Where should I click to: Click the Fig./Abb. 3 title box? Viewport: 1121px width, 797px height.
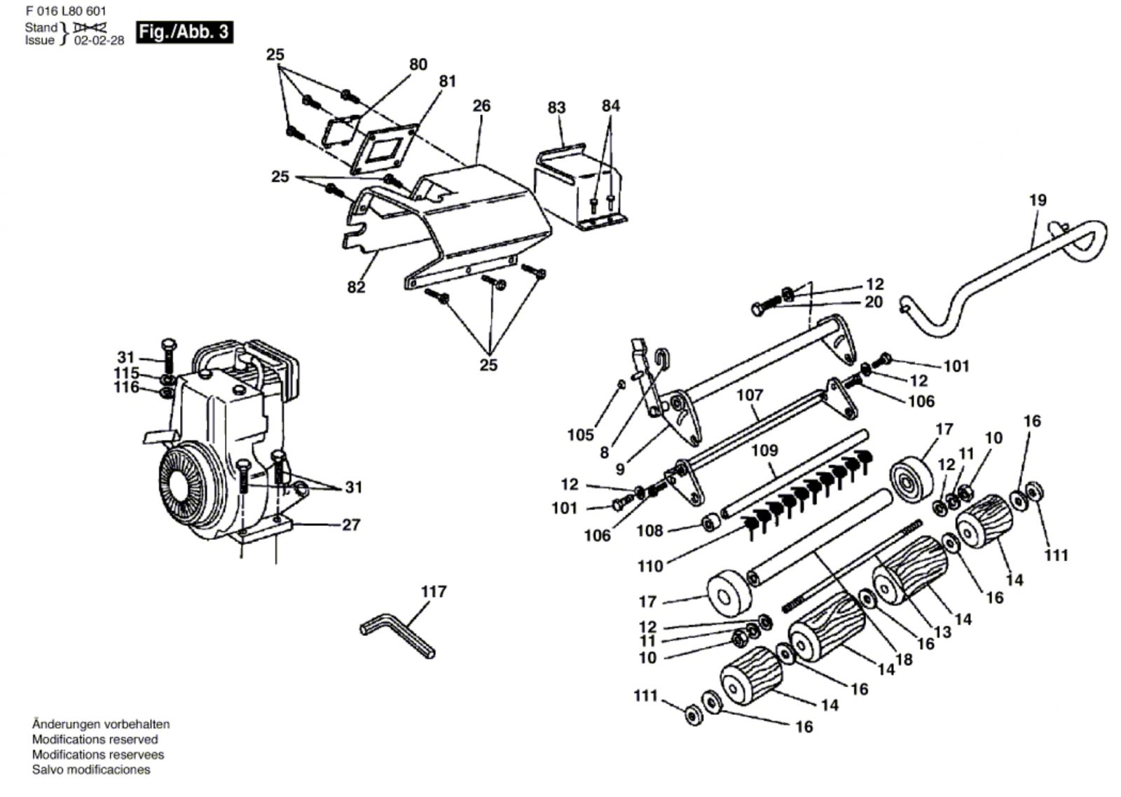pyautogui.click(x=185, y=32)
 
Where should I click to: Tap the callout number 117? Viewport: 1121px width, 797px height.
pyautogui.click(x=434, y=592)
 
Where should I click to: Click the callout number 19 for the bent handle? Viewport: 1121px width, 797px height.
pyautogui.click(x=1038, y=200)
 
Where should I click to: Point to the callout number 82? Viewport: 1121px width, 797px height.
pyautogui.click(x=356, y=287)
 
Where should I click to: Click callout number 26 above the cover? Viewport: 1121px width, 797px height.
pyautogui.click(x=481, y=106)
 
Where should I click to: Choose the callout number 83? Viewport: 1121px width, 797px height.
pyautogui.click(x=556, y=107)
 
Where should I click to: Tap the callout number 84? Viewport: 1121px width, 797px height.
pyautogui.click(x=610, y=106)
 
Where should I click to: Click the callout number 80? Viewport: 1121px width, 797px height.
pyautogui.click(x=418, y=64)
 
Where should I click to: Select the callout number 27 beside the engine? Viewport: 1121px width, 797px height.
pyautogui.click(x=351, y=525)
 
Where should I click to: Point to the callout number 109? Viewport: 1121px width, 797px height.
pyautogui.click(x=764, y=451)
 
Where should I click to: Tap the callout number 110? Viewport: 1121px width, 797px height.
pyautogui.click(x=651, y=567)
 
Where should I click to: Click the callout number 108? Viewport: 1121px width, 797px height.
pyautogui.click(x=649, y=530)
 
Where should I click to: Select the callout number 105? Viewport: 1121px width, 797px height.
pyautogui.click(x=581, y=435)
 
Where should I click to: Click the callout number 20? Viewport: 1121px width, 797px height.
pyautogui.click(x=874, y=302)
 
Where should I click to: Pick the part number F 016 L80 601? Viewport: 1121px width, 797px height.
pyautogui.click(x=66, y=11)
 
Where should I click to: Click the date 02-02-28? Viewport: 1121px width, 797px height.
pyautogui.click(x=99, y=41)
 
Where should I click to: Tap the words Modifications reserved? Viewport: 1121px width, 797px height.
pyautogui.click(x=95, y=740)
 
